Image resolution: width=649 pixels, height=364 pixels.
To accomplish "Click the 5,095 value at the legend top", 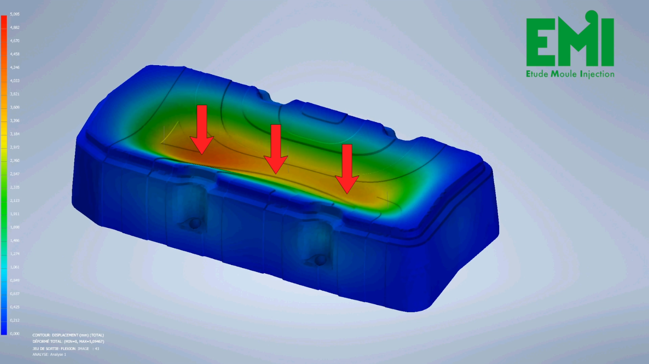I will (x=15, y=14).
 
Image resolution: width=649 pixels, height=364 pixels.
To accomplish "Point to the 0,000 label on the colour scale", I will (x=15, y=334).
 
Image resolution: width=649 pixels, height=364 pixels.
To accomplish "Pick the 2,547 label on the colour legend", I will (x=15, y=174).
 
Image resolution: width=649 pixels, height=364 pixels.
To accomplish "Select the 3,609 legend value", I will (x=15, y=107).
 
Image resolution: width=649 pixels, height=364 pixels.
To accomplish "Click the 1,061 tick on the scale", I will (x=15, y=267).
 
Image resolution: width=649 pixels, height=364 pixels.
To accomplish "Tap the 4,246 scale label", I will (x=15, y=67).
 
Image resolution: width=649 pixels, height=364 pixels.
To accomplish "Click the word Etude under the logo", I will (x=537, y=74).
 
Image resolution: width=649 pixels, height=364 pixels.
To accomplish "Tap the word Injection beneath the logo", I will (x=597, y=74).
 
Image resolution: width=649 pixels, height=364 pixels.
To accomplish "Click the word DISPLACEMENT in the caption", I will (x=65, y=335).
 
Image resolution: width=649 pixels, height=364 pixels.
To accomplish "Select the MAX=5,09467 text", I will (x=91, y=342).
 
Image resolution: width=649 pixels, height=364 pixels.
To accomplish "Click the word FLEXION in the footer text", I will (x=68, y=349).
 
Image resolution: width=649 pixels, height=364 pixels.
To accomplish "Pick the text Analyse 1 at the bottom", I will (x=58, y=354).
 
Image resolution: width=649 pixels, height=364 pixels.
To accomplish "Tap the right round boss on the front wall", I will (x=320, y=261).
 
